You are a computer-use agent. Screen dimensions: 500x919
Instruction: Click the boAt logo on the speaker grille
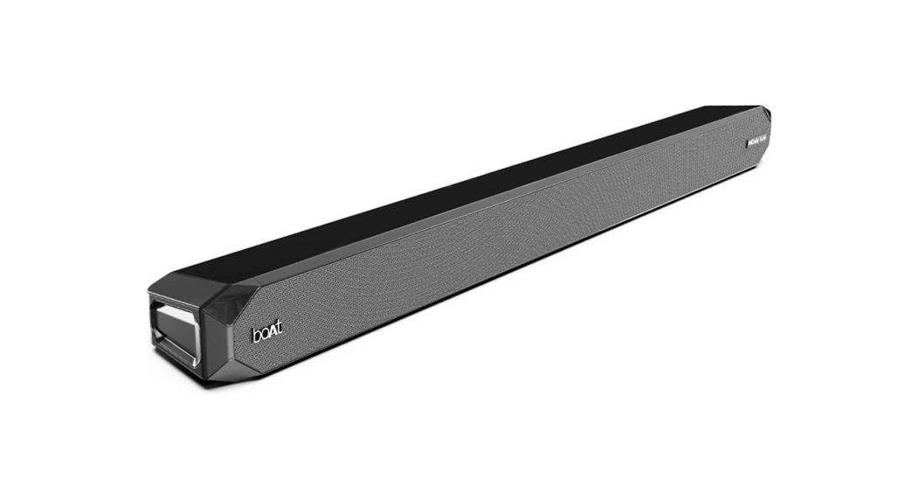click(x=266, y=334)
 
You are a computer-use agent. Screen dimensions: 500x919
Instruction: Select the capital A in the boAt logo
click(x=272, y=333)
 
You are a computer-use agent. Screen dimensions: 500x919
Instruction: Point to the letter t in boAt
click(x=279, y=331)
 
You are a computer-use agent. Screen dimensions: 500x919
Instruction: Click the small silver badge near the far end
click(x=757, y=137)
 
